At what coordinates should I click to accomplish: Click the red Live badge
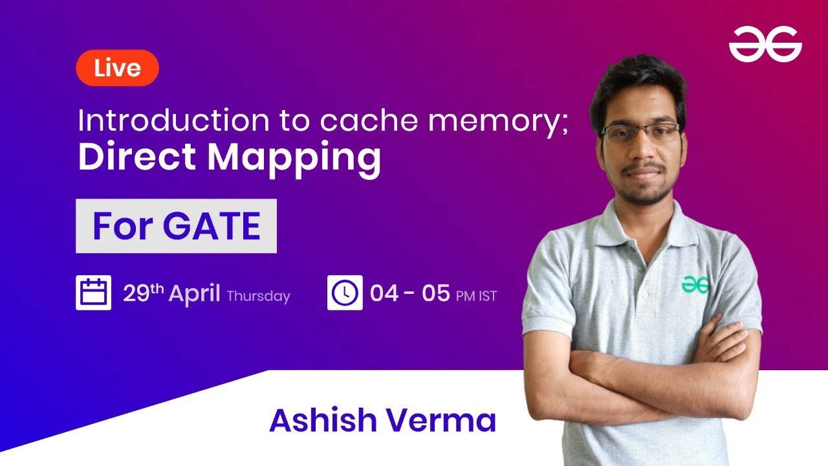coord(117,68)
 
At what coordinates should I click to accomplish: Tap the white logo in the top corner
coord(765,45)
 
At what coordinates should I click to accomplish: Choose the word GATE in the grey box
coord(212,226)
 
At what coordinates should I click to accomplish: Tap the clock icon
coord(344,293)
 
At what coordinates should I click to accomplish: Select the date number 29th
coord(143,294)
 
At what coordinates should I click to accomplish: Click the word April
coord(194,294)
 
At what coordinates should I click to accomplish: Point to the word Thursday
coord(258,296)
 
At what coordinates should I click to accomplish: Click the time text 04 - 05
coord(409,294)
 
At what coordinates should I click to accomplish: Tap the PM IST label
coord(476,296)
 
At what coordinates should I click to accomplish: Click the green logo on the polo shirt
coord(695,284)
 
